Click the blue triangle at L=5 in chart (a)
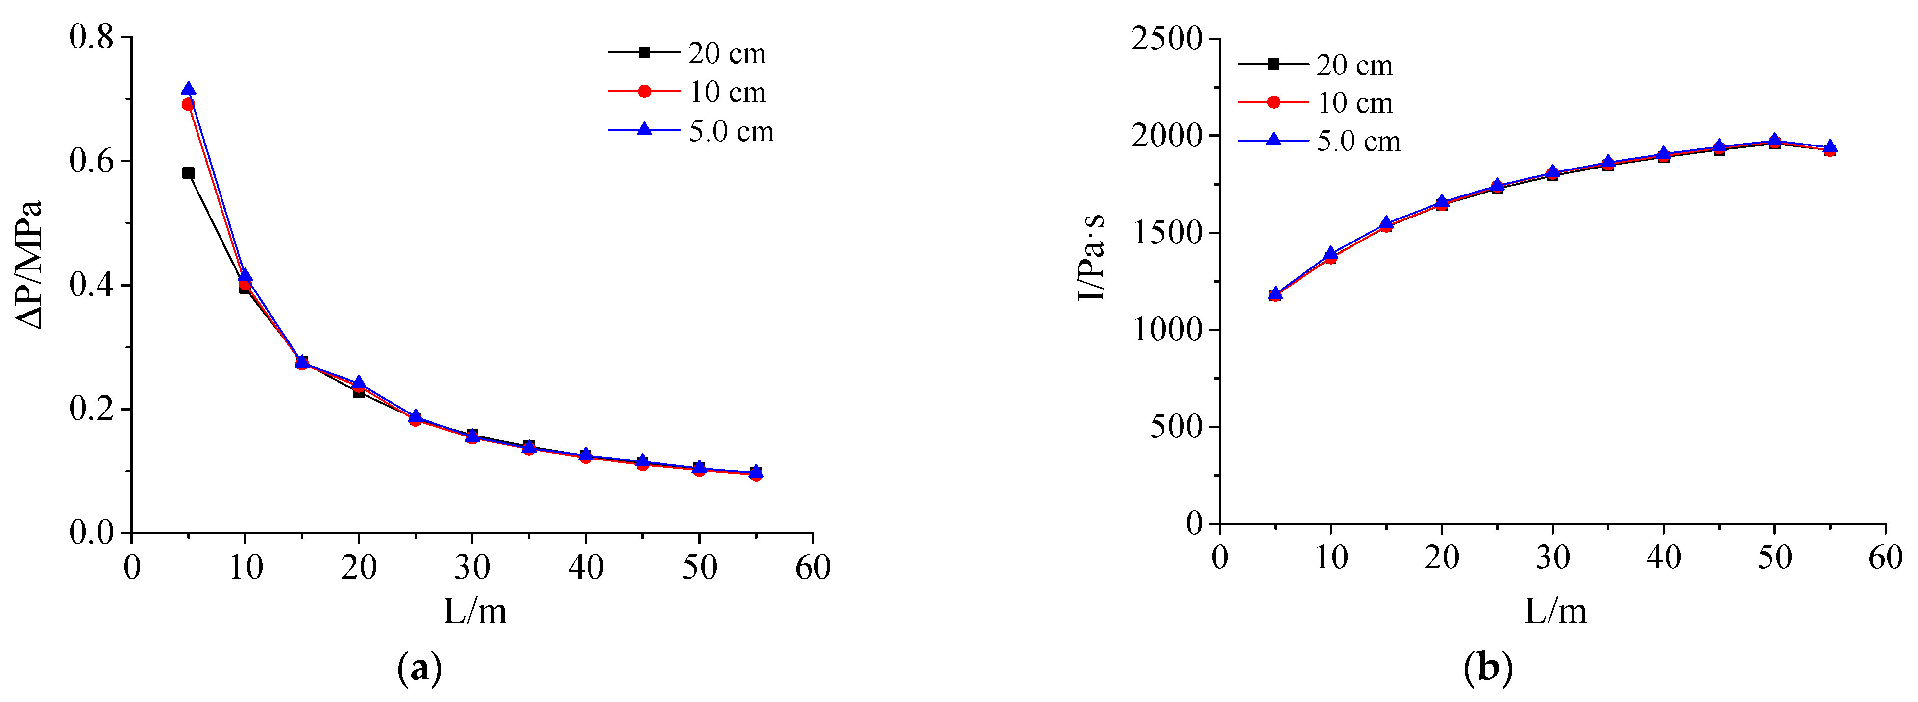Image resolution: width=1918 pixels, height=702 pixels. pos(188,89)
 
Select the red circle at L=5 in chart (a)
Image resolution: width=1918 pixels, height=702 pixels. pos(188,104)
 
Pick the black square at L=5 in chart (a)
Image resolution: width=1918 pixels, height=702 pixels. pos(188,173)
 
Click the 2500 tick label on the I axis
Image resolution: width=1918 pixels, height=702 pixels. pos(1167,39)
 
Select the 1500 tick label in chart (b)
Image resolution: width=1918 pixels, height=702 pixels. pos(1167,233)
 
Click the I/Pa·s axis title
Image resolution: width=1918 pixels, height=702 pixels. pos(1091,257)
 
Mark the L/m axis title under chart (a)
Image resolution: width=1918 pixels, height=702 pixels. pos(475,612)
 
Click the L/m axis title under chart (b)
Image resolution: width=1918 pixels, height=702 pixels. pos(1555,612)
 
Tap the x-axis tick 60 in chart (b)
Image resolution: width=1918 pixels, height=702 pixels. pos(1885,557)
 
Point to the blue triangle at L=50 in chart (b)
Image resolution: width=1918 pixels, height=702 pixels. pos(1774,140)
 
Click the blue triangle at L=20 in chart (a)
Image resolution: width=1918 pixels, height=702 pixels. pos(359,383)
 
